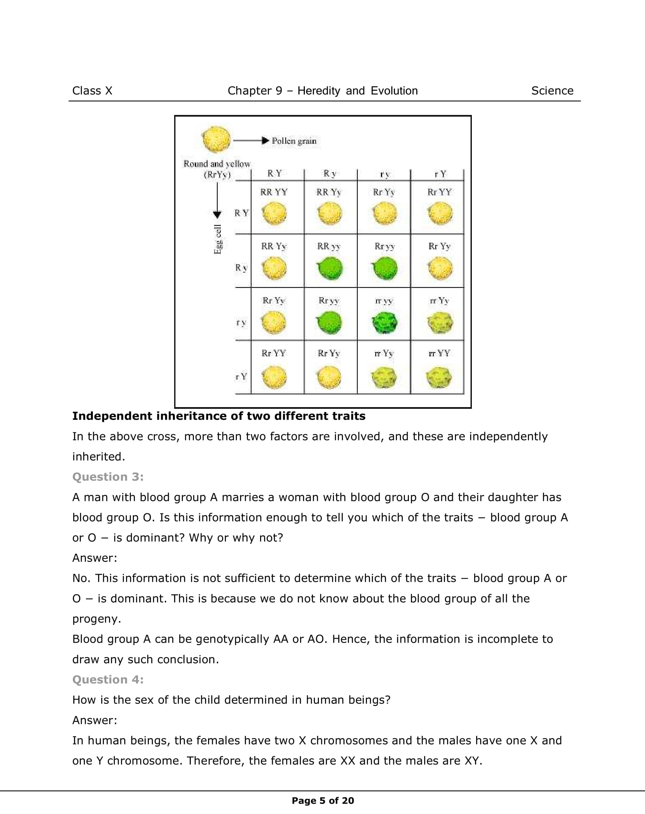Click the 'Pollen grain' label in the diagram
[x=294, y=141]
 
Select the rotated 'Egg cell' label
[x=218, y=239]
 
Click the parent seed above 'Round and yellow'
[x=216, y=139]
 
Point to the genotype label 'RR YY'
[x=274, y=192]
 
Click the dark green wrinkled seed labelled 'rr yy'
[x=385, y=322]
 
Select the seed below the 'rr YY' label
[x=439, y=377]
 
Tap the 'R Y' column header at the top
[x=274, y=173]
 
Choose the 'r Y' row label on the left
[x=241, y=376]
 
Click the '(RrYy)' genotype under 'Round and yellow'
[x=217, y=175]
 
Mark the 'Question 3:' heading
[x=108, y=477]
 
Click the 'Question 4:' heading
[x=108, y=679]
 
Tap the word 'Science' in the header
[x=552, y=91]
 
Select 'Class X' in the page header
[x=92, y=91]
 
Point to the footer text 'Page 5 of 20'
[x=323, y=800]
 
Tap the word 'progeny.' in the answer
[x=96, y=619]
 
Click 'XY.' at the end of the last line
[x=473, y=761]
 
